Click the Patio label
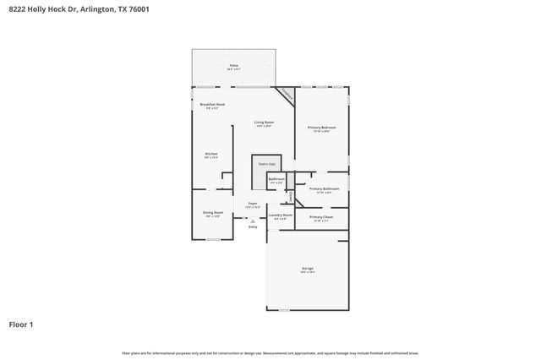click(233, 65)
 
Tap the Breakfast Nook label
click(212, 106)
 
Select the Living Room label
click(265, 123)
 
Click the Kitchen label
click(211, 155)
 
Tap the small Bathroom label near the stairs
click(276, 180)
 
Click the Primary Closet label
click(321, 218)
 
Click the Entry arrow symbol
click(252, 221)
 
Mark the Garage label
click(307, 270)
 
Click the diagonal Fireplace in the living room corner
click(287, 95)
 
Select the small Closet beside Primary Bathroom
click(292, 196)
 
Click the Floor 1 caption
click(21, 324)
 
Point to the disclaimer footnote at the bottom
click(270, 352)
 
